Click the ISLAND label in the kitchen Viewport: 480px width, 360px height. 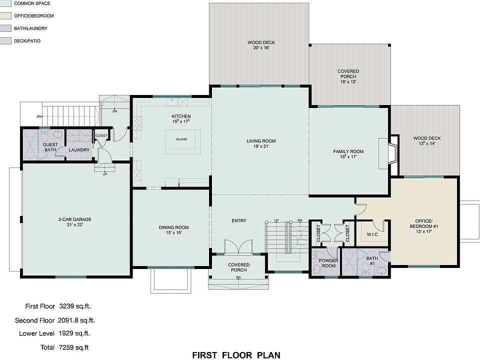tap(181, 139)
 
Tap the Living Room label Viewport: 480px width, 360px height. tap(261, 141)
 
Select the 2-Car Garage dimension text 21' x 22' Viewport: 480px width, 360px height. tap(75, 224)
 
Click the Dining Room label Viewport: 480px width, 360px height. tap(173, 227)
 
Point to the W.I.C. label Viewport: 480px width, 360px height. tap(373, 234)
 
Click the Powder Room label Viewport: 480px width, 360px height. tap(328, 263)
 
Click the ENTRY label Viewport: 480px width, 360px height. tap(239, 220)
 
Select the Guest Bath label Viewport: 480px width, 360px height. tap(50, 147)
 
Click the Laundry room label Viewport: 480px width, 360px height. tap(79, 150)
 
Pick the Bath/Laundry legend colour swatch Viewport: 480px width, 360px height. tap(5, 28)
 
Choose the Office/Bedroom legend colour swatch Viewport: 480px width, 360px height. tap(5, 15)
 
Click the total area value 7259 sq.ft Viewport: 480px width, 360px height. tap(74, 347)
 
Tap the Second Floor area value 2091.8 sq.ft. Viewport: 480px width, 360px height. tap(76, 320)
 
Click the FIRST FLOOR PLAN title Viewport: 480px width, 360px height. tap(236, 355)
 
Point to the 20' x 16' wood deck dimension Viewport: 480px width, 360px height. tap(261, 48)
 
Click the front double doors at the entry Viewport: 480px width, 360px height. tap(238, 246)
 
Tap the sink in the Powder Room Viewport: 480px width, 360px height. tap(316, 269)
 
